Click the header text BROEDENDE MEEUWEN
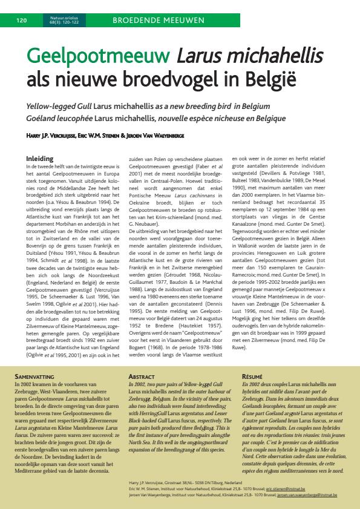[x=157, y=21]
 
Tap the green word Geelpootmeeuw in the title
[x=99, y=59]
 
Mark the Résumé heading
[x=252, y=376]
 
